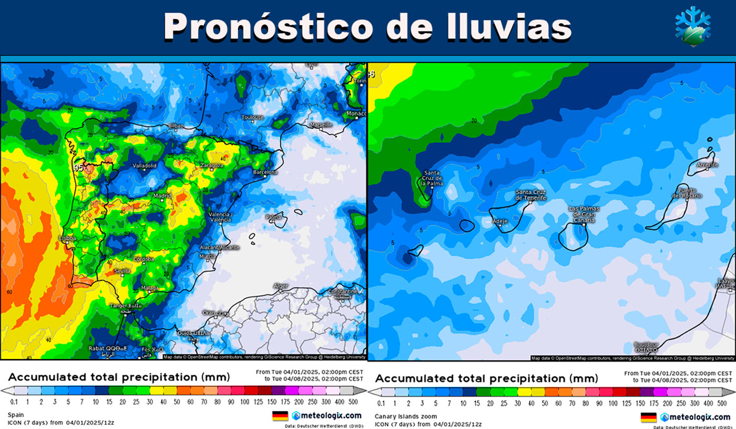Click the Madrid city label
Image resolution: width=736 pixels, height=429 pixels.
click(x=162, y=196)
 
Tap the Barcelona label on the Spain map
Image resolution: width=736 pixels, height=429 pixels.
click(x=265, y=172)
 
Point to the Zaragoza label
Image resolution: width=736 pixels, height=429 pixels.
click(x=211, y=165)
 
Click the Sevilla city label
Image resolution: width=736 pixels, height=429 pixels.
click(x=122, y=271)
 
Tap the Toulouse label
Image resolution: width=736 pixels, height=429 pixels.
click(x=253, y=117)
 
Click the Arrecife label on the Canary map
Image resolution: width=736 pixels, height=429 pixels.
click(x=707, y=165)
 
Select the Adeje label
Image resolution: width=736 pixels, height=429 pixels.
click(x=499, y=221)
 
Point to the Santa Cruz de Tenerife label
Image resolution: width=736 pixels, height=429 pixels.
click(x=530, y=195)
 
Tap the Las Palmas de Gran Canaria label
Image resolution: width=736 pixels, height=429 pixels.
click(x=584, y=214)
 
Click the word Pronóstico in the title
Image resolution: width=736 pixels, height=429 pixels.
click(x=269, y=26)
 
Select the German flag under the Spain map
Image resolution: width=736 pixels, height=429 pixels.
click(x=280, y=416)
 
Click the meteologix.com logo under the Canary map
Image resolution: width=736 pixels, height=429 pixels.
click(x=695, y=417)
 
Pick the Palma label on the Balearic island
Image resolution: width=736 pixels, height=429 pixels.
click(x=272, y=216)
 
